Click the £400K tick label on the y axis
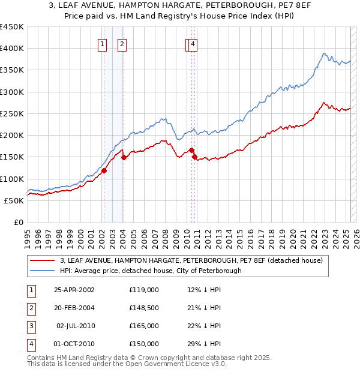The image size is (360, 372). click(x=11, y=49)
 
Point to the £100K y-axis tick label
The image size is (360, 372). click(x=11, y=179)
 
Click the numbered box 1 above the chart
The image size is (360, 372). click(x=103, y=44)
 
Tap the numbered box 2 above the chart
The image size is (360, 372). click(x=122, y=44)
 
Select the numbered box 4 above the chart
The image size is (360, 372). click(x=193, y=44)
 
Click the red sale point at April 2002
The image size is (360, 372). click(x=104, y=170)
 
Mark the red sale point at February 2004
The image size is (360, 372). click(x=124, y=157)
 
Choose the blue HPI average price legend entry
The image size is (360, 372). click(x=150, y=271)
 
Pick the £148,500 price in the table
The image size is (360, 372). click(x=144, y=308)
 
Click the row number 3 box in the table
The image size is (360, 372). click(x=30, y=326)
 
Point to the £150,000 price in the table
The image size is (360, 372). click(x=144, y=344)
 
